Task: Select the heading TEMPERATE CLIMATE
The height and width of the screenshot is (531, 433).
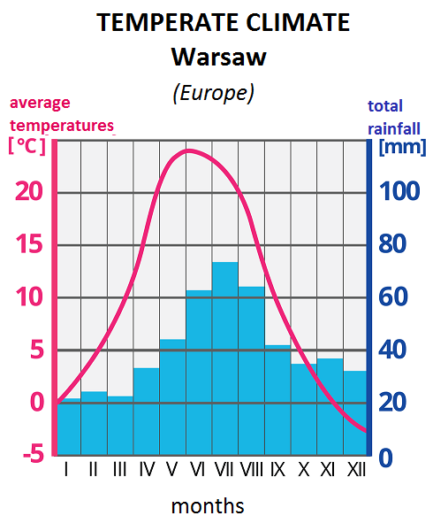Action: point(223,23)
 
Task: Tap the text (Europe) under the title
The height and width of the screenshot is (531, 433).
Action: point(213,93)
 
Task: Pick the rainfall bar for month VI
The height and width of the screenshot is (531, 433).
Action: point(199,372)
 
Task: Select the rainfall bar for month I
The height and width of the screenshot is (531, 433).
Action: point(68,427)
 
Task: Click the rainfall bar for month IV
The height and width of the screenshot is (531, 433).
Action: point(146,411)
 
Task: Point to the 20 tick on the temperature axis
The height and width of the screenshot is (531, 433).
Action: point(31,191)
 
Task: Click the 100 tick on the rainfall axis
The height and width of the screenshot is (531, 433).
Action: point(399,191)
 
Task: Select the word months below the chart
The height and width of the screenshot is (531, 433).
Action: point(208,506)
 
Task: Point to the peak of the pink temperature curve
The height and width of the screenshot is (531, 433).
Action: point(188,150)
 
